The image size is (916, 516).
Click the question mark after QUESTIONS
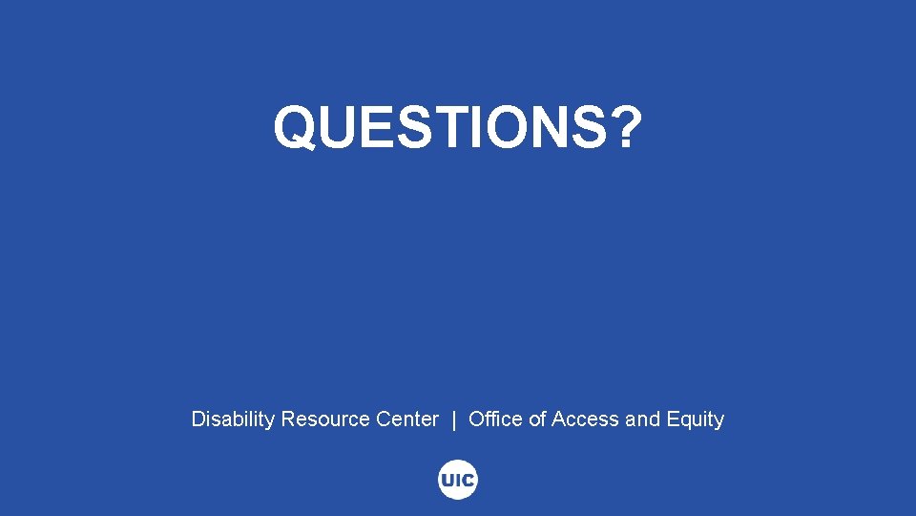[x=631, y=127]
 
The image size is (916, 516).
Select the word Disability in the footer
[x=233, y=419]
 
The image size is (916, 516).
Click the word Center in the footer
[x=407, y=419]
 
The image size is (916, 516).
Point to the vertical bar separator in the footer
[x=454, y=419]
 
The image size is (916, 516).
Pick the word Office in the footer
[x=495, y=419]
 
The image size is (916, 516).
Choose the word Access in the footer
[x=585, y=419]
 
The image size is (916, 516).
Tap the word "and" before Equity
[x=641, y=419]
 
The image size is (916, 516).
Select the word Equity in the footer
[x=694, y=419]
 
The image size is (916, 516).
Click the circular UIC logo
[x=458, y=481]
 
